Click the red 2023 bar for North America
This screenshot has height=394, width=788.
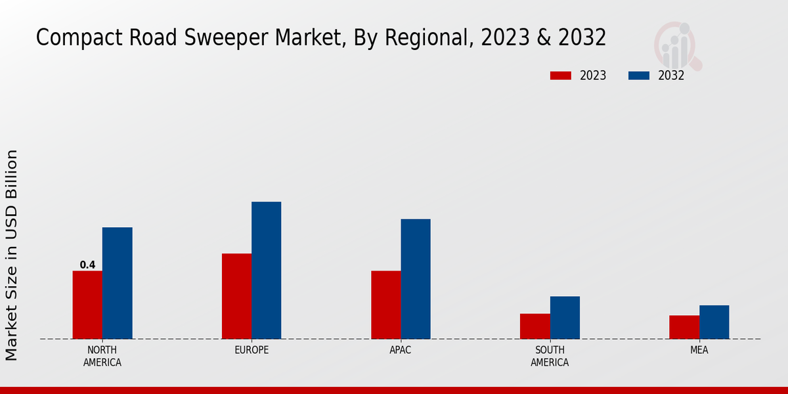pos(87,305)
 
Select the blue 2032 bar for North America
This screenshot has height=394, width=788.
pos(117,283)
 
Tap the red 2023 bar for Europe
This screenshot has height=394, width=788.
pos(236,296)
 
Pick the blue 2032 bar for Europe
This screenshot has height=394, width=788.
pos(266,270)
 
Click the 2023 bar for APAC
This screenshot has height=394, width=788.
pos(385,305)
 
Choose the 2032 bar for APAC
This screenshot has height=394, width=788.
pos(416,279)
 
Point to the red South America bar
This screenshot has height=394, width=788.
pos(535,326)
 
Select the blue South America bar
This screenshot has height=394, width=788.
pos(565,318)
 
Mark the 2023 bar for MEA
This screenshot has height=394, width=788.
pos(684,327)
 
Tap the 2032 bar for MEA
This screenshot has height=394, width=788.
pos(714,322)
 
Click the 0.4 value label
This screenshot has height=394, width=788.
pos(87,265)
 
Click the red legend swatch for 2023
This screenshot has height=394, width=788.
pos(561,76)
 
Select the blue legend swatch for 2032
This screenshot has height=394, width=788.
pos(639,76)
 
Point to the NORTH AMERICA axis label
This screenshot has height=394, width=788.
pos(102,356)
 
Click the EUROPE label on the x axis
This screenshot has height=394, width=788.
pos(252,350)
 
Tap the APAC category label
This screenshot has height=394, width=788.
pos(401,350)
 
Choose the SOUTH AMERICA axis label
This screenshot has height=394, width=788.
pos(550,356)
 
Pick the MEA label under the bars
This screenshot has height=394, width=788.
pos(699,350)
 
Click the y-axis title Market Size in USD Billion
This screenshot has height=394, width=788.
pos(12,255)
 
